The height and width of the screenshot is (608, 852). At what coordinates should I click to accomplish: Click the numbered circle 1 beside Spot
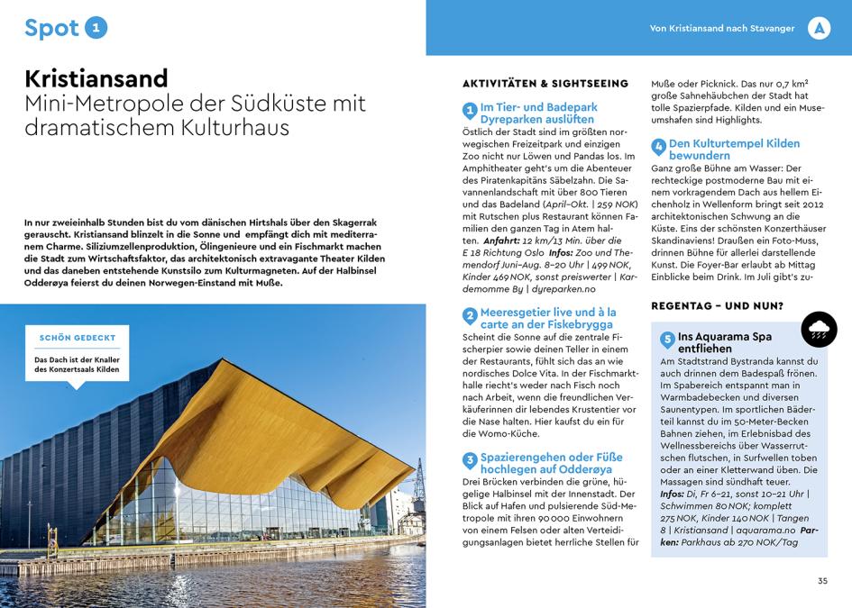click(96, 28)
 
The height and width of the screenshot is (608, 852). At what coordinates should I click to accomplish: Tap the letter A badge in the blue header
click(818, 28)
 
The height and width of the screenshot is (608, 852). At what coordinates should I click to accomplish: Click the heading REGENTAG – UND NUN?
click(717, 306)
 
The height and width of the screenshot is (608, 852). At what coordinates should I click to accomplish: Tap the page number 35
click(822, 581)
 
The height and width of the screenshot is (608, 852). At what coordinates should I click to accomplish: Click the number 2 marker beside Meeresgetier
click(470, 316)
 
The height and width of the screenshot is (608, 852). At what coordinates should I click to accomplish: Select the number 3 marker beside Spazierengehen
click(470, 461)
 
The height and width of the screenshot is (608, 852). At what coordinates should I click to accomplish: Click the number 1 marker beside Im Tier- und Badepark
click(470, 112)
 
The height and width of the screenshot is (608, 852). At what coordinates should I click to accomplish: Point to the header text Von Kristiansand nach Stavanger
click(722, 29)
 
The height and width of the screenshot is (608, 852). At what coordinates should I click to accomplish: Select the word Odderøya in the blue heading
click(584, 469)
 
